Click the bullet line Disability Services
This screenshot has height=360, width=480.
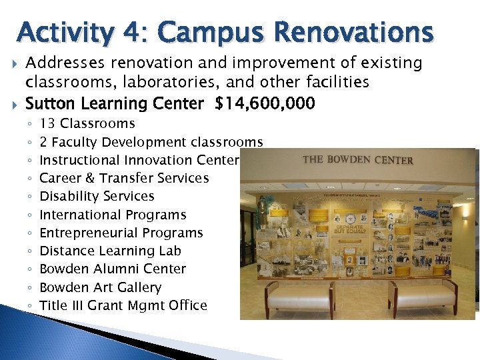(x=97, y=196)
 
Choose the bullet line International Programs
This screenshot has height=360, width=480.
(x=113, y=215)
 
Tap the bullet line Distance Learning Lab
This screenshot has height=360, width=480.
(x=110, y=251)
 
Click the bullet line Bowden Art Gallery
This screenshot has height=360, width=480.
(x=100, y=287)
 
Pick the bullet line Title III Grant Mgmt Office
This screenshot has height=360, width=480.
(x=123, y=305)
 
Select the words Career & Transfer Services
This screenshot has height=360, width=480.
(x=124, y=178)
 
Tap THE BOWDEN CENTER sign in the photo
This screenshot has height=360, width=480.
(x=357, y=160)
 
